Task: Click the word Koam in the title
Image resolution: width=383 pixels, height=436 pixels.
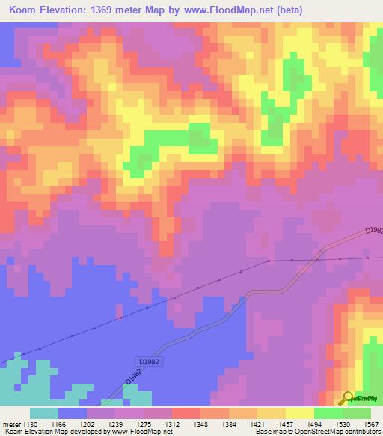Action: pos(25,10)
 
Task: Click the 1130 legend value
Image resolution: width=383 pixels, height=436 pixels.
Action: pos(30,423)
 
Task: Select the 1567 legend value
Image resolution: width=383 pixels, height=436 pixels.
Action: pos(370,423)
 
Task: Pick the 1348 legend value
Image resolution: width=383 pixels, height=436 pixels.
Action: pos(200,423)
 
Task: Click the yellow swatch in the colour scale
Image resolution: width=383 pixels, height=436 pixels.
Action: pos(299,413)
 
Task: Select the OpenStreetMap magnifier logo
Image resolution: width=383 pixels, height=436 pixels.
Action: pos(347,397)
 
